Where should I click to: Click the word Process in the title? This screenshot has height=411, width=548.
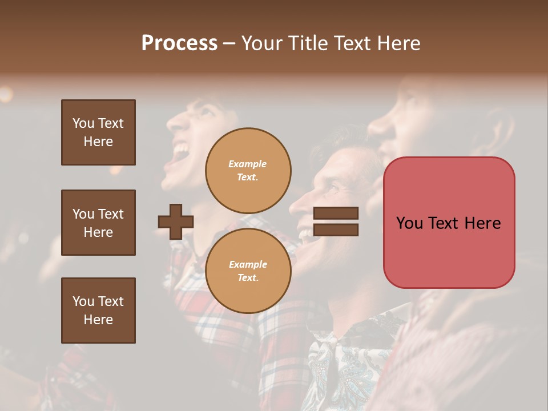[x=179, y=43]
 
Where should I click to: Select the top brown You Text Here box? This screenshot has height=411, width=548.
[x=98, y=132]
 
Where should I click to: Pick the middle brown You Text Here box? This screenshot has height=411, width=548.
[x=98, y=223]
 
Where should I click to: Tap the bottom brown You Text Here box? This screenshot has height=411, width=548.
[x=98, y=311]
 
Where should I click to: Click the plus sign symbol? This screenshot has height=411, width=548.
[x=176, y=221]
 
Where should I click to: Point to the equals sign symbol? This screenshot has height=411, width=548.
[x=336, y=221]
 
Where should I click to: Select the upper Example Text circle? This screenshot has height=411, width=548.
[x=248, y=171]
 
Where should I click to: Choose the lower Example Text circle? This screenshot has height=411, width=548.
[x=248, y=271]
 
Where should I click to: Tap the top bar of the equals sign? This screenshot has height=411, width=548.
[x=336, y=213]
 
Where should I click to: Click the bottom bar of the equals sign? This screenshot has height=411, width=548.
[x=336, y=230]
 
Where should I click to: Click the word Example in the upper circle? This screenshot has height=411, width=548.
[x=248, y=164]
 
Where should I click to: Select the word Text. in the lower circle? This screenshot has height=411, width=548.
[x=248, y=278]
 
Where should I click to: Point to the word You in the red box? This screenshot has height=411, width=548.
[x=410, y=223]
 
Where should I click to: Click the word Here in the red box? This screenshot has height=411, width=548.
[x=482, y=223]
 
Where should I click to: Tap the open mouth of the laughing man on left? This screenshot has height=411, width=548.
[x=182, y=151]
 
